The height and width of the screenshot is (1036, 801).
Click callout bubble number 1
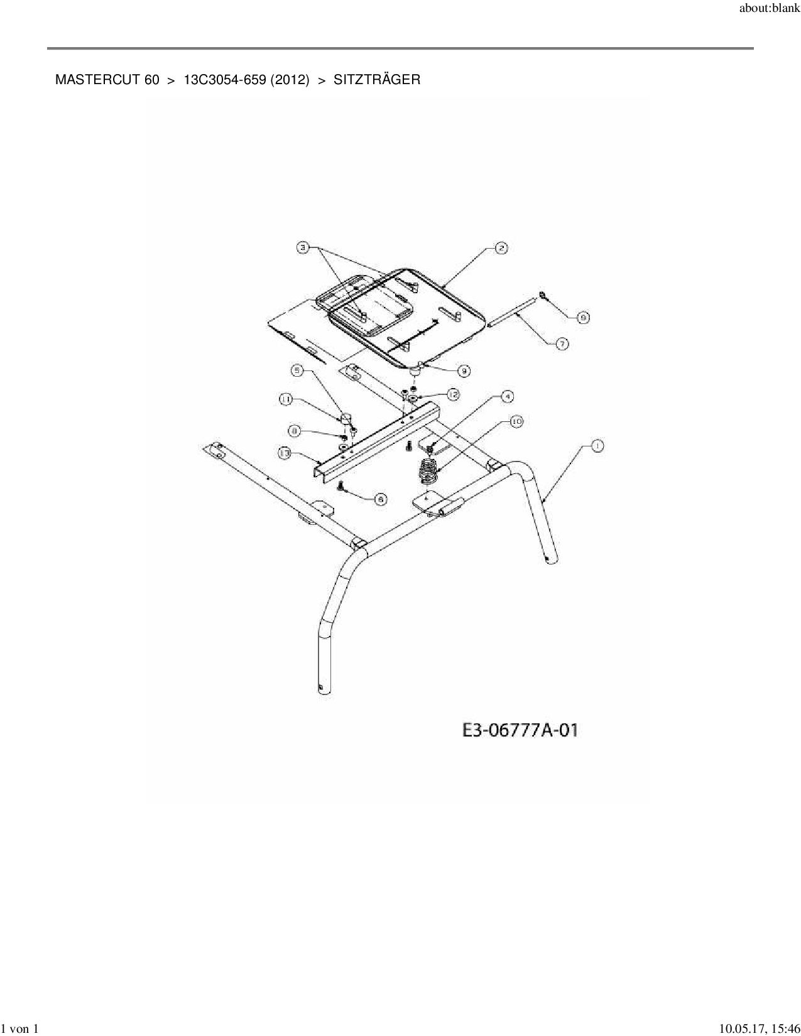(x=596, y=446)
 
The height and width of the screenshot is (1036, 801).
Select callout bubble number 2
(x=501, y=248)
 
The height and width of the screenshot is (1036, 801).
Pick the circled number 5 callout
(x=297, y=370)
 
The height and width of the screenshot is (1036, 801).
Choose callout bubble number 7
(x=562, y=343)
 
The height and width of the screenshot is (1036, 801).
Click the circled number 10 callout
(x=516, y=422)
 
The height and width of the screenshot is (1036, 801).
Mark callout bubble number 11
(x=286, y=399)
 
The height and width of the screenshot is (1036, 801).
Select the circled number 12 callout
(x=453, y=394)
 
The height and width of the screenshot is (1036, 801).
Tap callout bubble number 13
(x=285, y=453)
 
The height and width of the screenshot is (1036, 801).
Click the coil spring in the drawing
(x=427, y=471)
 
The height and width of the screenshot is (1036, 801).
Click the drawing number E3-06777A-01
(x=520, y=731)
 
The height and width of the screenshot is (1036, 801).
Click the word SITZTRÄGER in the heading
(x=377, y=80)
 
